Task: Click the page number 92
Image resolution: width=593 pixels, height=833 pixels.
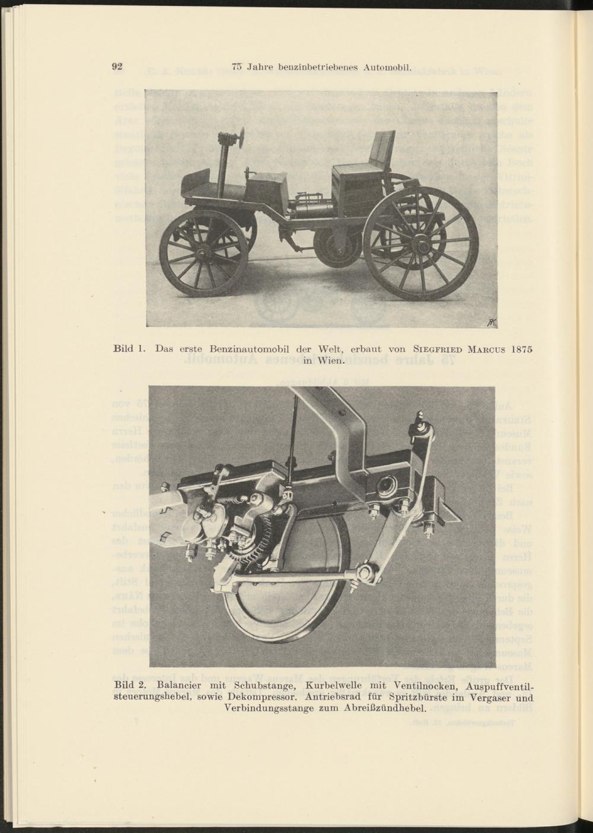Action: pos(117,66)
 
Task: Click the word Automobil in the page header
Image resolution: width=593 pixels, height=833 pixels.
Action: pos(385,67)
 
